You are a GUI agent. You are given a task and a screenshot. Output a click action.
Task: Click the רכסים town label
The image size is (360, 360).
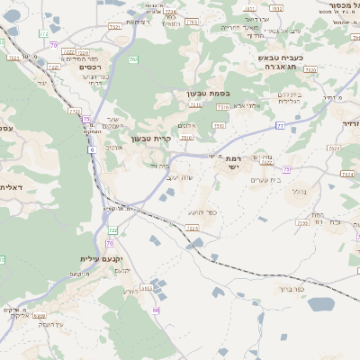[89, 67]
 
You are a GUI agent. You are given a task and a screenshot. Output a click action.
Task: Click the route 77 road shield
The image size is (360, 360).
[280, 126]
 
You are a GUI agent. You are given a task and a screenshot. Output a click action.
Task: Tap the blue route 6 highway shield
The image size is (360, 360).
[92, 149]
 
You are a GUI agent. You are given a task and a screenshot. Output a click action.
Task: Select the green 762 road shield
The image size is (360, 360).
[132, 60]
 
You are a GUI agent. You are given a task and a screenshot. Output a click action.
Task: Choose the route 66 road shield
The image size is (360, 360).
[156, 310]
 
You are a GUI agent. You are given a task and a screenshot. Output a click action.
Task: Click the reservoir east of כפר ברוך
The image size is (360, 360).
[321, 303]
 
